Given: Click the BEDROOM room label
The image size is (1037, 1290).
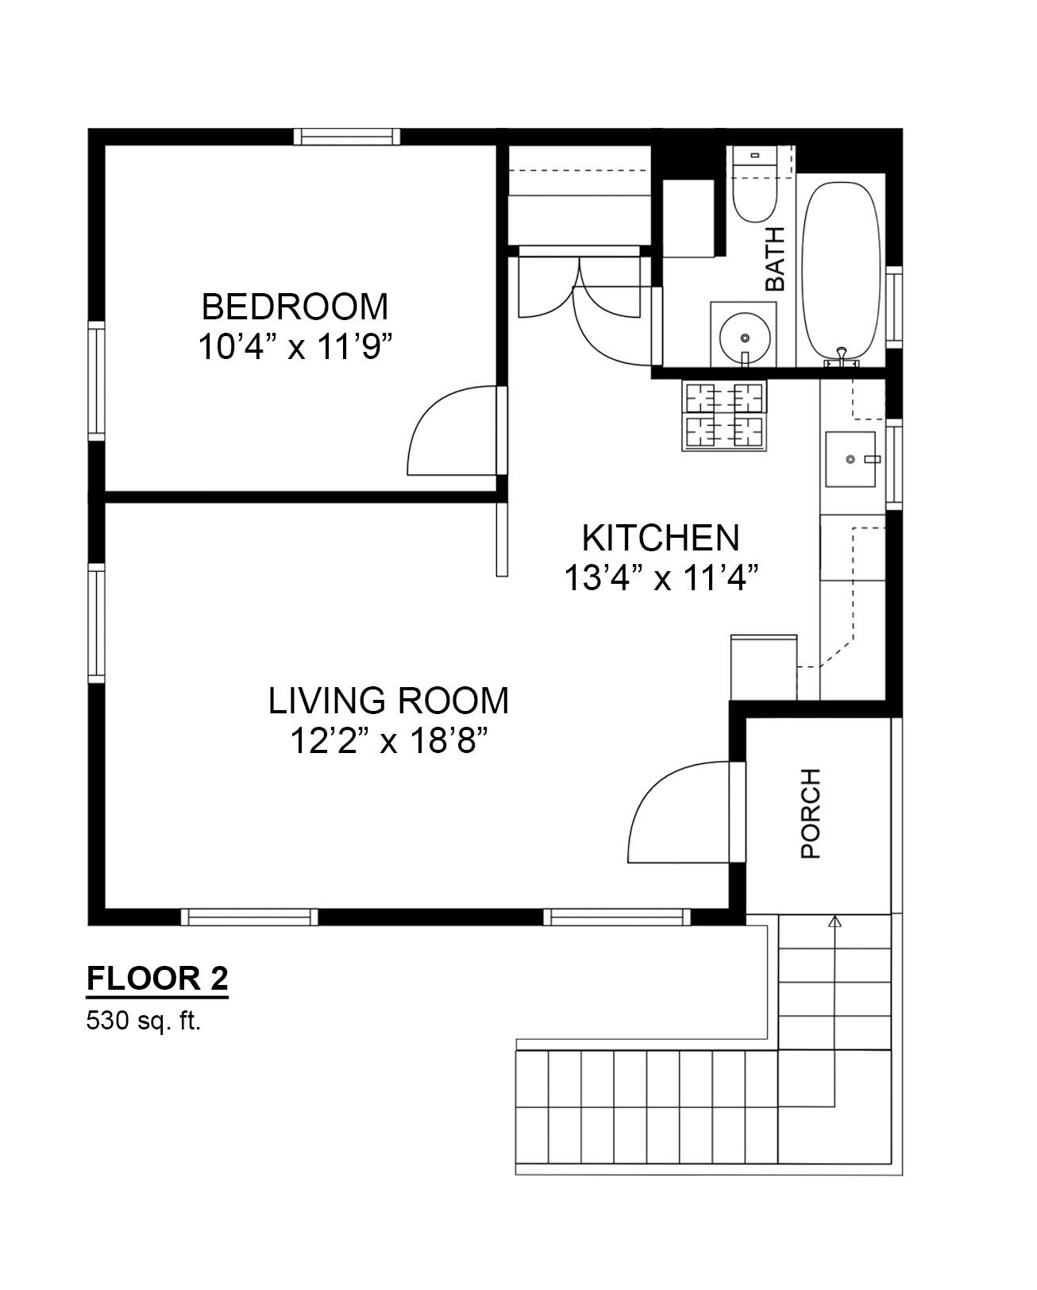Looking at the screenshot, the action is (295, 307).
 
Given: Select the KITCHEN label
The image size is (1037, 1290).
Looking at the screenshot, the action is (661, 538).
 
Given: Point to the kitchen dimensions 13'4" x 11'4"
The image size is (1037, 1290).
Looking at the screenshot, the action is (661, 577).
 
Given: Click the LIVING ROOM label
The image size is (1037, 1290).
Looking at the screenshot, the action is (387, 700).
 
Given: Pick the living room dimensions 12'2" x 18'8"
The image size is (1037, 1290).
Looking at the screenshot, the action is (387, 741).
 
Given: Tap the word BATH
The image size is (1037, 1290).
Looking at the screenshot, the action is (774, 259).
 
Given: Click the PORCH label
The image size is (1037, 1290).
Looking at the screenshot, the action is (811, 813).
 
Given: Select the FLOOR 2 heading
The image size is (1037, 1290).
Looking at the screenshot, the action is (157, 979).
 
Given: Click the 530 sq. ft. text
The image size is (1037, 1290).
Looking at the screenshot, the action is (143, 1020).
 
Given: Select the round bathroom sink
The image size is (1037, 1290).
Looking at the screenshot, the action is (745, 338).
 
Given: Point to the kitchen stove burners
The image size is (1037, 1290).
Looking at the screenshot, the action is (725, 416).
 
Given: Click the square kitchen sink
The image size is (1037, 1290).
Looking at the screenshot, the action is (850, 459).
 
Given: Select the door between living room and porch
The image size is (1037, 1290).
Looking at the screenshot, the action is (738, 813).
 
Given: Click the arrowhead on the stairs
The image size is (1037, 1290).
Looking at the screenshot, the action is (835, 921).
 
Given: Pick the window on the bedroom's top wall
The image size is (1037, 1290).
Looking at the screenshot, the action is (346, 137).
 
